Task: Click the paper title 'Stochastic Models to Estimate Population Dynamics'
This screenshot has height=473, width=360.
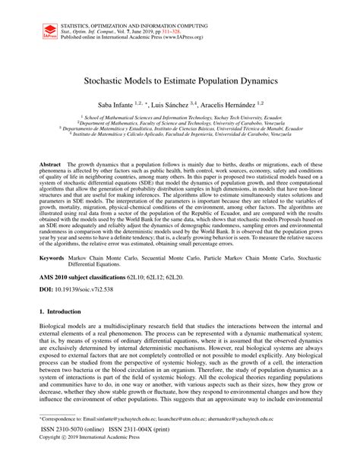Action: point(180,79)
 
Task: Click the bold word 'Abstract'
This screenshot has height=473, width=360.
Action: point(52,164)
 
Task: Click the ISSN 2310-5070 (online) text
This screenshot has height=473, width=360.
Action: point(75,451)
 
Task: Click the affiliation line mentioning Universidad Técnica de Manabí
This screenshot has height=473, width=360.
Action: point(180,129)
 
